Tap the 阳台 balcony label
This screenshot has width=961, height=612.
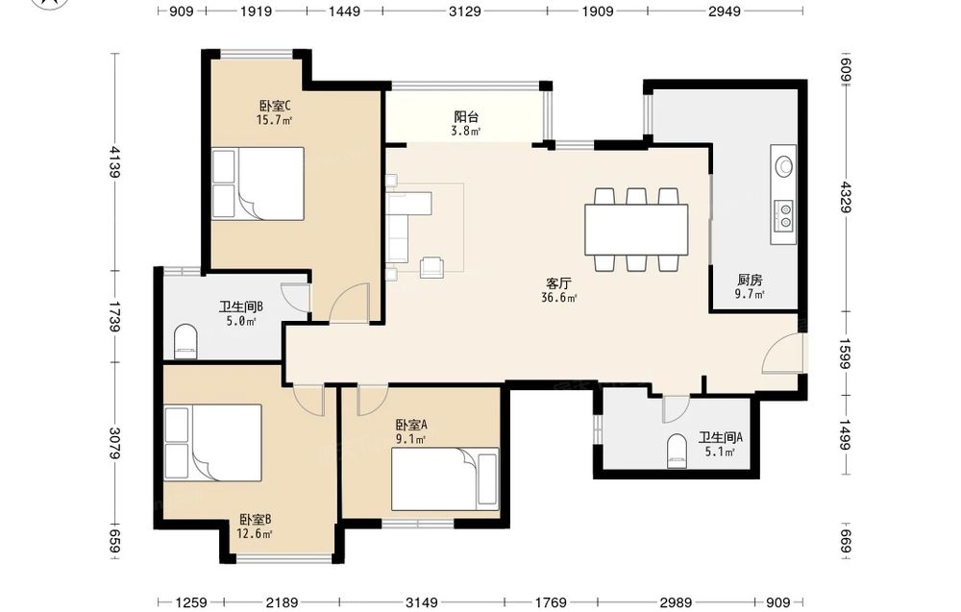pos(466,116)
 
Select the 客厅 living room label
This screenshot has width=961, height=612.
pos(558,283)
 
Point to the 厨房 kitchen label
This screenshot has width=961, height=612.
pos(750,280)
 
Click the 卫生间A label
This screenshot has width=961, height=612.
pos(721,437)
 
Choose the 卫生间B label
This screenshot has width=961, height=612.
pos(241,306)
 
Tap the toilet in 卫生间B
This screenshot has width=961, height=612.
pos(185,342)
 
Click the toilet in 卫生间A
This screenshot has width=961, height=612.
pos(677,451)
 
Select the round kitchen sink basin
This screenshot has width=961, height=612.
pos(784,165)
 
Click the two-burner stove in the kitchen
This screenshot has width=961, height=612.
pos(784,215)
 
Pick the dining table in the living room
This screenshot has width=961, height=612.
pos(636,229)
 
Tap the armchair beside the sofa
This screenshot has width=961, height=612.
pos(432,267)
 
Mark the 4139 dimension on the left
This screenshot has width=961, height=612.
pos(114,161)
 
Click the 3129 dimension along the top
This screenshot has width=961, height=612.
pos(465,11)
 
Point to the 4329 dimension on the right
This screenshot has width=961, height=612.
pos(846,197)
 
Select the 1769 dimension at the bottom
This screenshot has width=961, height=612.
pos(551,602)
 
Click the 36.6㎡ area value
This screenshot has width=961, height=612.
pos(558,298)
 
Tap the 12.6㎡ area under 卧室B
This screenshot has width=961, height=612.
pos(255,533)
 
